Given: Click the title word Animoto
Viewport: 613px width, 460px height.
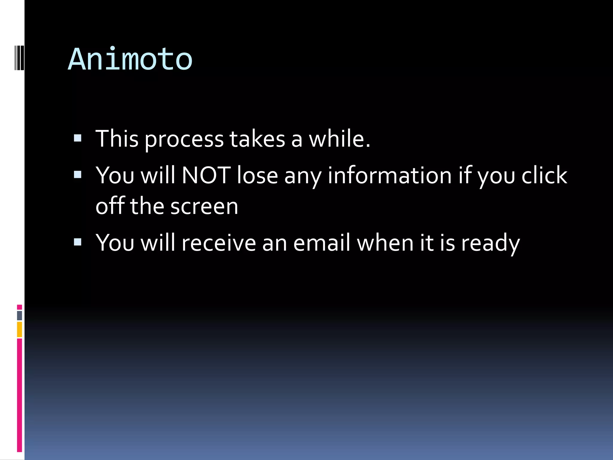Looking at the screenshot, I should (130, 60).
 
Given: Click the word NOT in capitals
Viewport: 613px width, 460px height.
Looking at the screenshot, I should (206, 175).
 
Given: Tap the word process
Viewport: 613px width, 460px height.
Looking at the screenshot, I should (184, 140).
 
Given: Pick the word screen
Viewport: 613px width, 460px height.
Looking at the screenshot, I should (204, 207).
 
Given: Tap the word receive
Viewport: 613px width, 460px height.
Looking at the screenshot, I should (219, 243).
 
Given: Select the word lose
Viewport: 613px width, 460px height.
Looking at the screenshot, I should (257, 175).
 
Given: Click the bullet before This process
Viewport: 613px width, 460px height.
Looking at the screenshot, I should (78, 138).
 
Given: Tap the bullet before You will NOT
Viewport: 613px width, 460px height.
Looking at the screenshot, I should (78, 174).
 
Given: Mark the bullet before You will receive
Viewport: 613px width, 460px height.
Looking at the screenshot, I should (78, 242).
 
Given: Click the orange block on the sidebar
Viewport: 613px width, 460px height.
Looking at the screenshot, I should (19, 329).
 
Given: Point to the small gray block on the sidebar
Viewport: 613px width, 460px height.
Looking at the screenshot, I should (19, 315).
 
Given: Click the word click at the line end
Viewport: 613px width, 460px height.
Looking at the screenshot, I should (544, 175).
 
